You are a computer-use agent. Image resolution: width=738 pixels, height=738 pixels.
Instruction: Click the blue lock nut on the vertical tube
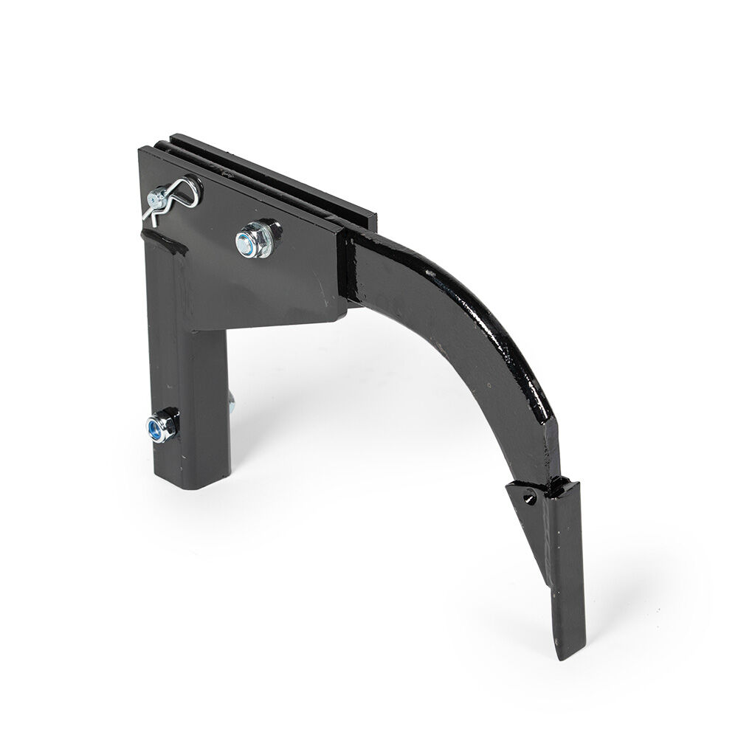pyautogui.click(x=157, y=426)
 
